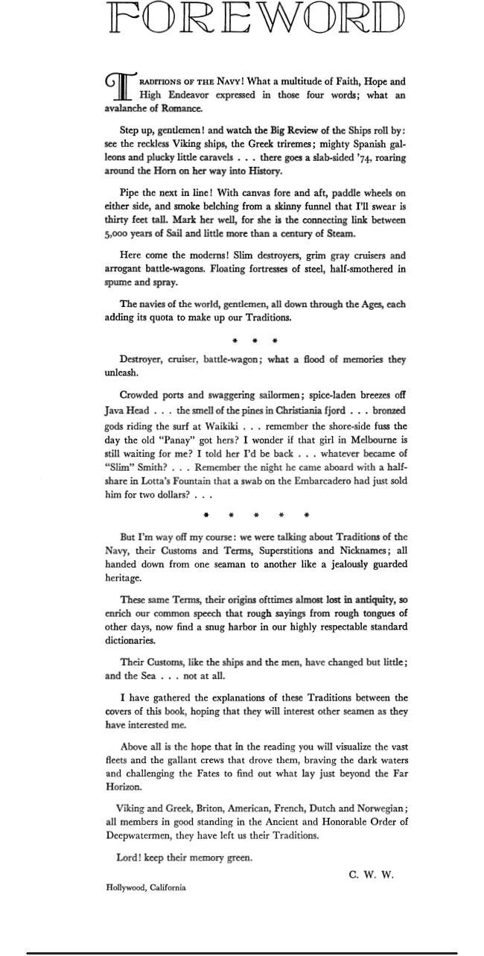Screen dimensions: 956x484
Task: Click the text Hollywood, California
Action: tap(146, 887)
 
